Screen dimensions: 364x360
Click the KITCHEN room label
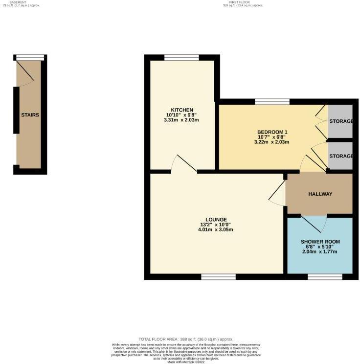182,110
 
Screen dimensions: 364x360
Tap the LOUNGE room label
216,219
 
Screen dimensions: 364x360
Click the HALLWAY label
320,194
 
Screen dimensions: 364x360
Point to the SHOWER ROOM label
320,242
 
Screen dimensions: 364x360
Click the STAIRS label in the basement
30,115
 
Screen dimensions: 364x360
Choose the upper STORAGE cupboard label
341,121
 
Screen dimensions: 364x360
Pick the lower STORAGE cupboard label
341,156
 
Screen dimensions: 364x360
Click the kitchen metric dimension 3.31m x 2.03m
182,120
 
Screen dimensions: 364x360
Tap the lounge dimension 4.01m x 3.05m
216,229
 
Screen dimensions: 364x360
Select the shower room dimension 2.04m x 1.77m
320,252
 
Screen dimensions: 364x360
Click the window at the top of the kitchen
181,58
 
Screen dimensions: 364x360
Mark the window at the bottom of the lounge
218,277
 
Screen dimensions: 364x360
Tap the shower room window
325,277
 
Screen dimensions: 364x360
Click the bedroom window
271,102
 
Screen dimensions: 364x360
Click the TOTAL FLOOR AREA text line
186,339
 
